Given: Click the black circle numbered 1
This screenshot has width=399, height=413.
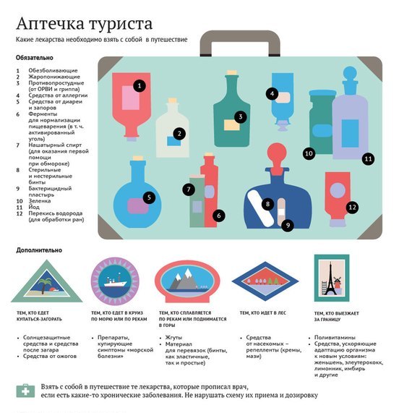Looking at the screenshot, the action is [140, 85].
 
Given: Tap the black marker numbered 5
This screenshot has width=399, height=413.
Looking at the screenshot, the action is [149, 197].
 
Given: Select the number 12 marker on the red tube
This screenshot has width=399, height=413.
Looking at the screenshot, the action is [353, 208].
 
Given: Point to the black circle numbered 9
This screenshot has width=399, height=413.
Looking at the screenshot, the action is [288, 225].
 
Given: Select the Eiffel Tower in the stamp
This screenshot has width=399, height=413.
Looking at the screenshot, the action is [329, 279].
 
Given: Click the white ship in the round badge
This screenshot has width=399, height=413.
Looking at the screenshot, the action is [115, 282].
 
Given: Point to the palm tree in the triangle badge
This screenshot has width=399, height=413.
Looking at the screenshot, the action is [45, 284].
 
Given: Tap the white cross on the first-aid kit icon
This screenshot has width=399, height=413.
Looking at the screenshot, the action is [25, 391].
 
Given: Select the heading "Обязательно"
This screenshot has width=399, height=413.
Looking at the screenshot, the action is [35, 58].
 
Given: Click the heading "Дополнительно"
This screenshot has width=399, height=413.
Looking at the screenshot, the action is [39, 250].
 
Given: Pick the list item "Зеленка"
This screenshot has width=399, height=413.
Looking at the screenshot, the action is [40, 200].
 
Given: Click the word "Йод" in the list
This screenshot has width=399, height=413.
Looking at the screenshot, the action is [34, 207].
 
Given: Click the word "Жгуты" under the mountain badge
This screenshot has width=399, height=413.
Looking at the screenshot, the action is [173, 337].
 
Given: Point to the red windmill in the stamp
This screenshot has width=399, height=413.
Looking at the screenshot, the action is [337, 283].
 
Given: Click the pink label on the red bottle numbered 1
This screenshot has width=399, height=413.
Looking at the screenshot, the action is [131, 98].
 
